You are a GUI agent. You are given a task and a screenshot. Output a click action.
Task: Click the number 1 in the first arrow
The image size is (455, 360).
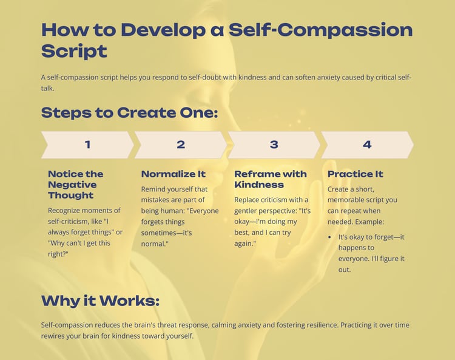point(87,144)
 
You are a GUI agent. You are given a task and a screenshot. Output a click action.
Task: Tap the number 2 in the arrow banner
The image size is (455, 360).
point(181,144)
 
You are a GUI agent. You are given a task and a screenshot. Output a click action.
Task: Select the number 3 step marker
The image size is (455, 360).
point(274,144)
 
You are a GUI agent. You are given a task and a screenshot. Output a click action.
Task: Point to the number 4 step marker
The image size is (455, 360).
point(367,144)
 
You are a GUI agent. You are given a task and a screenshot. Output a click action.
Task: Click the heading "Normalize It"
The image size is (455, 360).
point(174,174)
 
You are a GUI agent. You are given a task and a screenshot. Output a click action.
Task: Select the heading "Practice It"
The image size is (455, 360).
point(355,174)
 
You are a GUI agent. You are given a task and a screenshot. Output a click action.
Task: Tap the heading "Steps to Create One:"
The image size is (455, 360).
point(129,113)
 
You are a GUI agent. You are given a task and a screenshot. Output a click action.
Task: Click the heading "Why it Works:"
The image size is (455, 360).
point(100,301)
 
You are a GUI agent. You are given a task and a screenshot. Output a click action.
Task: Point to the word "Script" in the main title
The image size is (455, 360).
point(74,52)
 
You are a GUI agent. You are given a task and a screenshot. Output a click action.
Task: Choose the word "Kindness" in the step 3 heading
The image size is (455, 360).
point(259,185)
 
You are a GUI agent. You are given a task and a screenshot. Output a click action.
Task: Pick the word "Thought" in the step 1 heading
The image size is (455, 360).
point(70,195)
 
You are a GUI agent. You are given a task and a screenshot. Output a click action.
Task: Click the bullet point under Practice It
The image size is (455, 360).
point(329,237)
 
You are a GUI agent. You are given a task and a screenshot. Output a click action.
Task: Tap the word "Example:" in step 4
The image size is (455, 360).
point(369,222)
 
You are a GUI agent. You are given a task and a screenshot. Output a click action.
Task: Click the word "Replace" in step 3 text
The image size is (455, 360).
point(246,200)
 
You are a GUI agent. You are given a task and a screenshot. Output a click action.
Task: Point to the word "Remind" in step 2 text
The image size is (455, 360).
point(152,189)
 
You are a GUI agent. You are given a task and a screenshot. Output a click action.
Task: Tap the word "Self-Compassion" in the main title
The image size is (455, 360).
point(321,30)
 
